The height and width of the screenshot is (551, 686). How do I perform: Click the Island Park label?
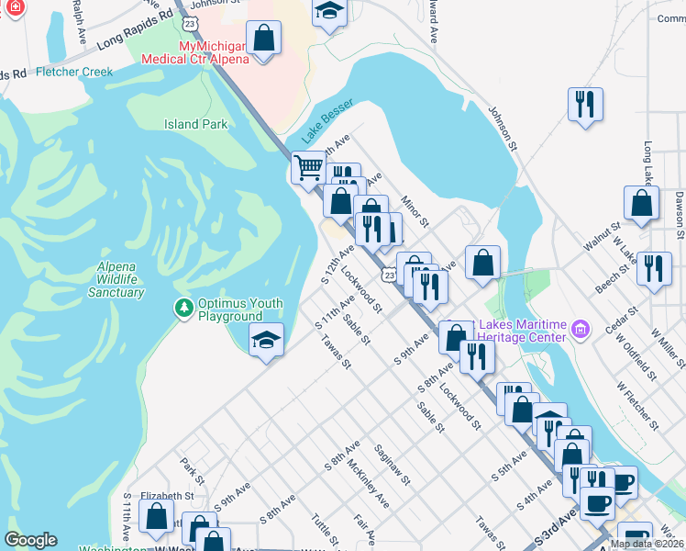pos(195,124)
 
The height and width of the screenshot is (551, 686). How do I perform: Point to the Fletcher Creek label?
pos(74,72)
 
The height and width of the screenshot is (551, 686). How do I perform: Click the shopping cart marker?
pos(309,167)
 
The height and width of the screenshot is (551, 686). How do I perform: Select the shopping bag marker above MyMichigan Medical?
pos(263,39)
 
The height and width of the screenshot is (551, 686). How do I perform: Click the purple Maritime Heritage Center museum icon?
pos(580,329)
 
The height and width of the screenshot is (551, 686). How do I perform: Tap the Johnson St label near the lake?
pos(503,129)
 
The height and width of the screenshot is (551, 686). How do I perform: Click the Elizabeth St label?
pos(166,495)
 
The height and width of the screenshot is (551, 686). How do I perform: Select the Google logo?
pos(30,540)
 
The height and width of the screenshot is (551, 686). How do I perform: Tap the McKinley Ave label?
pos(368,484)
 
